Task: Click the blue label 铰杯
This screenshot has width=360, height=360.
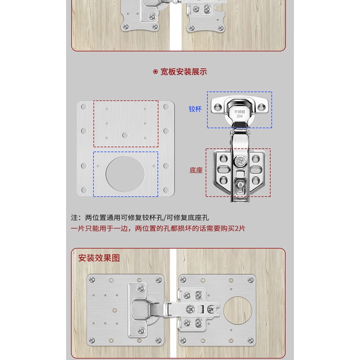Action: click(195, 109)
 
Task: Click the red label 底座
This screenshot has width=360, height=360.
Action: click(196, 170)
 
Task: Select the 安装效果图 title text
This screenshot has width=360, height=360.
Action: click(99, 258)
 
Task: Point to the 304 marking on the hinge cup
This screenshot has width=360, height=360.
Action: click(239, 117)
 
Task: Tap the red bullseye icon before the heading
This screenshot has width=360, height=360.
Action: click(155, 72)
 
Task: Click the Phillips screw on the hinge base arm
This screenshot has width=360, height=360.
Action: click(240, 161)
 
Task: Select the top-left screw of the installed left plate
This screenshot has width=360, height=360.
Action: click(92, 279)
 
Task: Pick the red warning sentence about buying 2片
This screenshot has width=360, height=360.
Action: click(158, 228)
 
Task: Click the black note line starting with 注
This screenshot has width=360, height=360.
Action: click(140, 218)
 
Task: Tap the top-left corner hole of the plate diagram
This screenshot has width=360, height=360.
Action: click(84, 107)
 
